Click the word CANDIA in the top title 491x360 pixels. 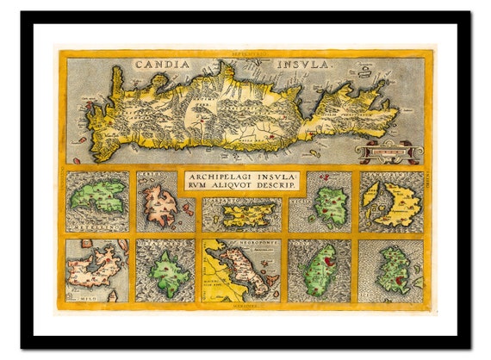(x=167, y=63)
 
